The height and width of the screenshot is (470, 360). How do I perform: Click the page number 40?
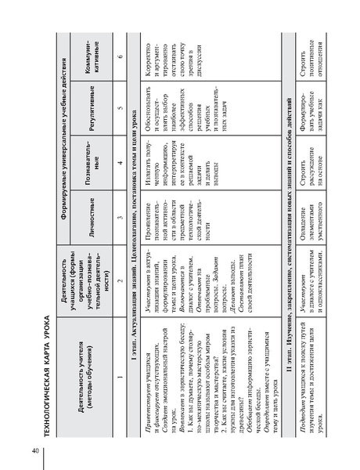coord(35,450)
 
